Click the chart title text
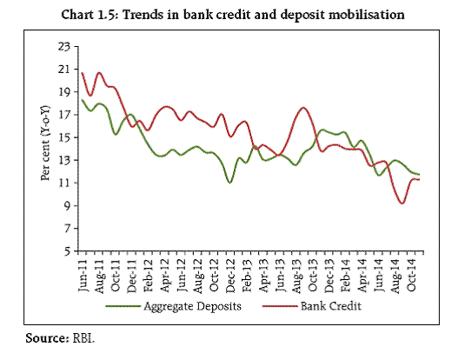(233, 15)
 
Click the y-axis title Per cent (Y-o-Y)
(45, 143)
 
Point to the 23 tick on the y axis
(64, 47)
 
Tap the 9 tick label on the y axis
(68, 206)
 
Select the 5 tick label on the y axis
(68, 251)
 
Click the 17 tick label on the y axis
(64, 115)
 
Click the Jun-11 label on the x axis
(83, 276)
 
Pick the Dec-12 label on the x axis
(230, 276)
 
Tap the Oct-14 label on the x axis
(411, 272)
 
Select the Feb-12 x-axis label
(149, 276)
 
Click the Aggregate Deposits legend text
(192, 306)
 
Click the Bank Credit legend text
(331, 306)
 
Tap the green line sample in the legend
(123, 306)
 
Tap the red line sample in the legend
(280, 306)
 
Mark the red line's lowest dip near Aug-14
(402, 203)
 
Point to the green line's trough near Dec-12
(229, 183)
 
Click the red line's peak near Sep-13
(302, 108)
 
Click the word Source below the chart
(48, 338)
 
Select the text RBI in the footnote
(83, 338)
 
